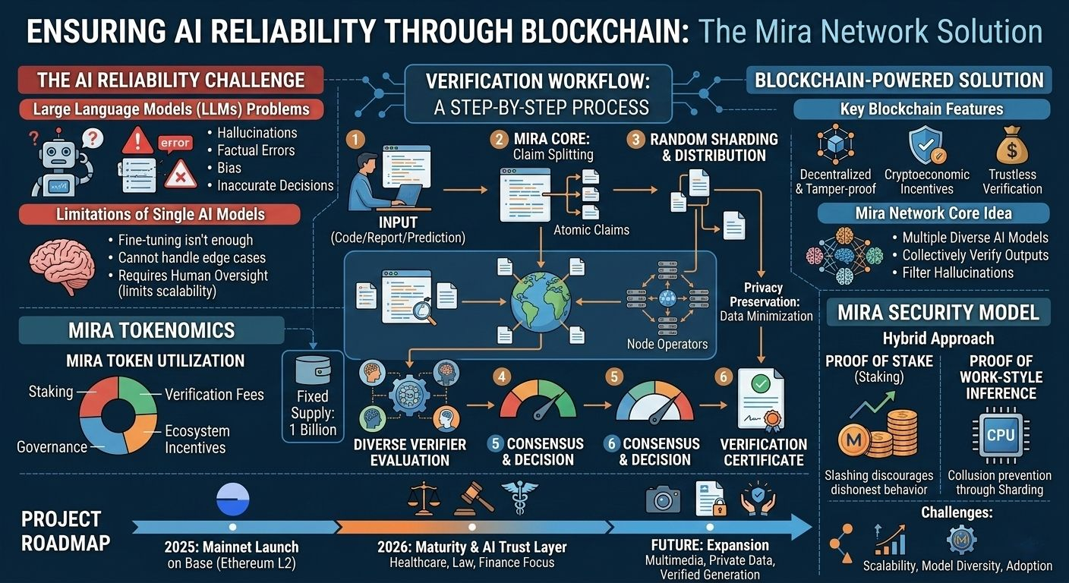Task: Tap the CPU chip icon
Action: point(999,435)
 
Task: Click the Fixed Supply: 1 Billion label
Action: point(312,413)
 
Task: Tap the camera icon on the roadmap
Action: point(663,499)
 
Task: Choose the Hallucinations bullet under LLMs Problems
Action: point(257,133)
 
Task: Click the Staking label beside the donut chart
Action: point(51,392)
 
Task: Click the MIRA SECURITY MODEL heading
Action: point(938,313)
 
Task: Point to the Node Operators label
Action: point(667,344)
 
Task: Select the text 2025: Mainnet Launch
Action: point(232,547)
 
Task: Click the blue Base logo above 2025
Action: point(232,501)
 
